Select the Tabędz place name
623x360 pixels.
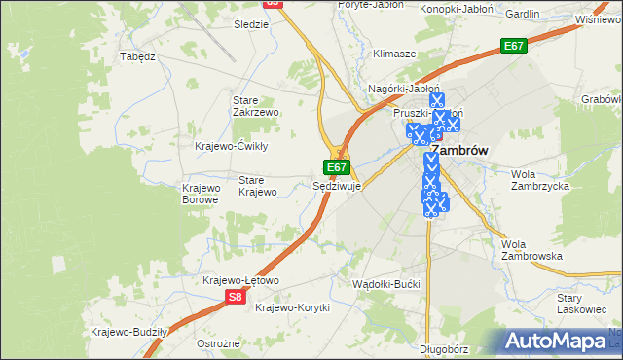pos(137,56)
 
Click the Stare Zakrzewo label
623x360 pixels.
pos(256,106)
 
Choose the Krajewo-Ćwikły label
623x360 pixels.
pos(232,146)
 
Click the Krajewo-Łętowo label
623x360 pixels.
pos(240,280)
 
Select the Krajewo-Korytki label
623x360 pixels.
pos(292,307)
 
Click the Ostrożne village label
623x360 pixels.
pos(218,344)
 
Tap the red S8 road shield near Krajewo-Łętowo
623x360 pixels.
pos(235,298)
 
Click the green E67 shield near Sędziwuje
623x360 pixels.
pos(337,167)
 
